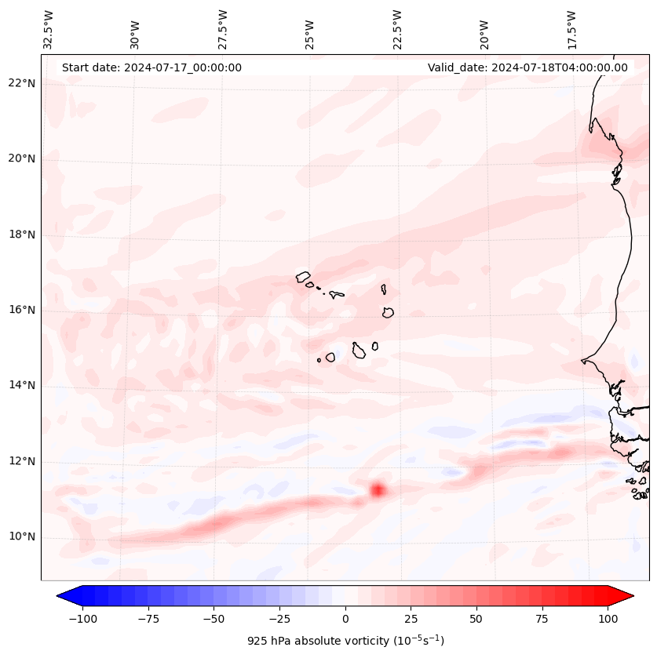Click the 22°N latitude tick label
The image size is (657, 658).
coord(22,83)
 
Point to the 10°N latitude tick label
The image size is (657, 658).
coord(22,537)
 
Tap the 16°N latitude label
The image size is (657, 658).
coord(22,310)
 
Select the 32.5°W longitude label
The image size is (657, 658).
coord(49,28)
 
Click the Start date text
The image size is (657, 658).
coord(151,67)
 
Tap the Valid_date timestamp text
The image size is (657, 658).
coord(527,67)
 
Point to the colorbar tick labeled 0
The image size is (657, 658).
coord(345,619)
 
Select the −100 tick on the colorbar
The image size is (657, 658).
coord(82,619)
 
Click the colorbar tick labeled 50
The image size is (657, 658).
coord(476,619)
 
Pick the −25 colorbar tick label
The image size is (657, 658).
coord(279,619)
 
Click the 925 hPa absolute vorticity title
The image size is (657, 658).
coord(345,641)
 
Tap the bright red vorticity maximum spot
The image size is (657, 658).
coord(378,490)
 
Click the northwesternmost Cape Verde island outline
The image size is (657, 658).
coord(303,276)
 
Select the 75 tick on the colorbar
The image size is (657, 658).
coord(542,619)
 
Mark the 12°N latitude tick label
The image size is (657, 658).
coord(22,461)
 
